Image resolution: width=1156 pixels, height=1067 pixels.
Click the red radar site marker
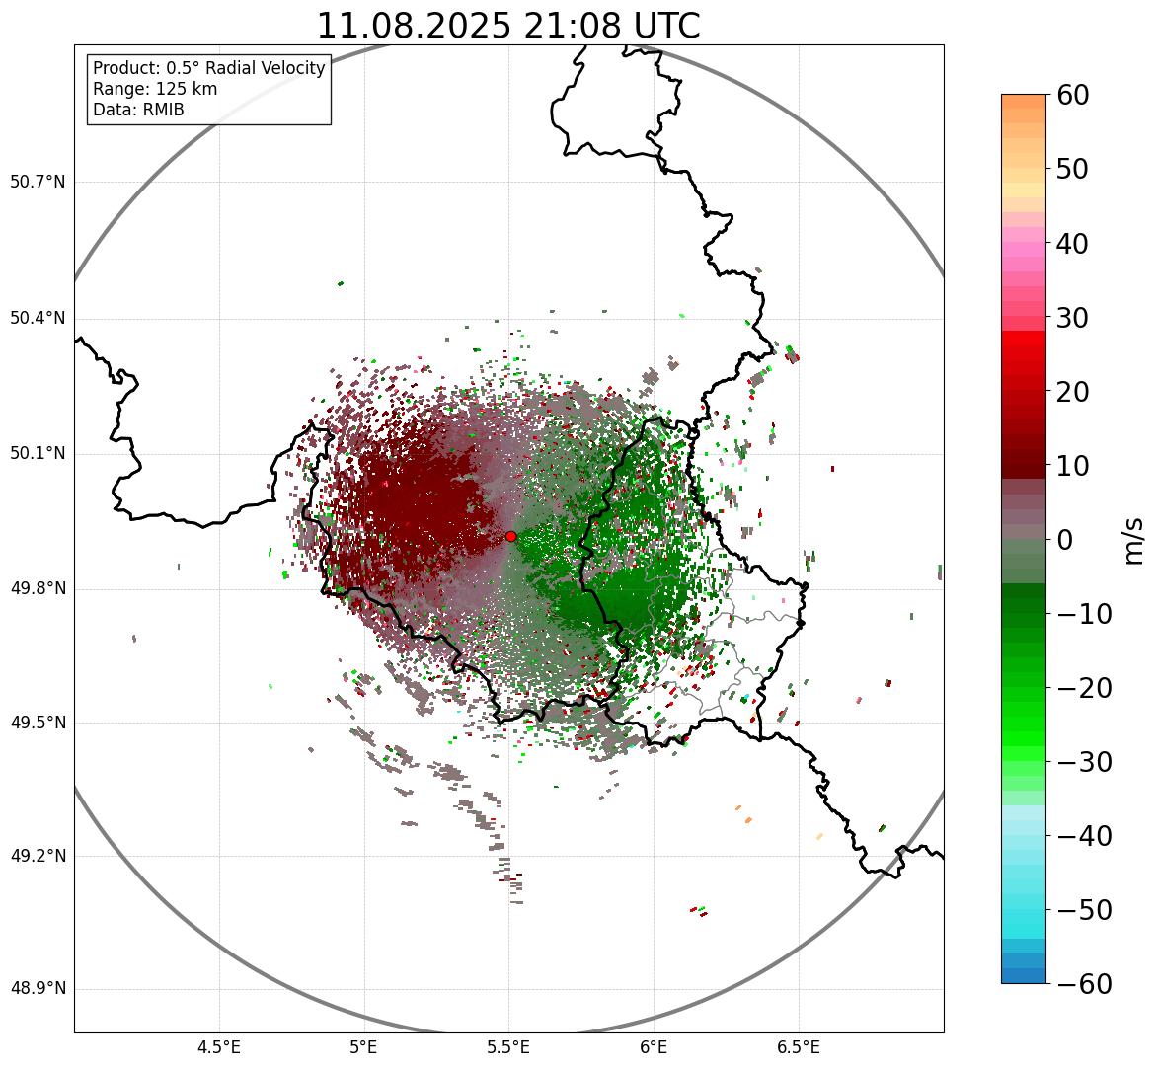(510, 536)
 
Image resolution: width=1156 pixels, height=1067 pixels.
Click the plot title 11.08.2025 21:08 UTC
(507, 26)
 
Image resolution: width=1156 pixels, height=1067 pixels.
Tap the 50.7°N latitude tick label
(38, 182)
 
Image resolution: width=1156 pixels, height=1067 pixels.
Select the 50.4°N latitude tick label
(38, 318)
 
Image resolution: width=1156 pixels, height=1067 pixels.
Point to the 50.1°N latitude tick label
(38, 454)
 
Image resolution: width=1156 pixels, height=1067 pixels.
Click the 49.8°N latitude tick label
(38, 589)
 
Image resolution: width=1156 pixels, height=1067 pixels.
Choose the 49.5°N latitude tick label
(38, 723)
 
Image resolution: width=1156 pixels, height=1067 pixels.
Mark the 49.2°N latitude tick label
(38, 856)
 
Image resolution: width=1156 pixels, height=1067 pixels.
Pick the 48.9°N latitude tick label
(38, 989)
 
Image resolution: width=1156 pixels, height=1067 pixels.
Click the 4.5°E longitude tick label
(219, 1047)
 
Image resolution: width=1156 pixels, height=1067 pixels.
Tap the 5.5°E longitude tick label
(508, 1047)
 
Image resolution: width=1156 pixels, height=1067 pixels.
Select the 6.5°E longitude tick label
(798, 1047)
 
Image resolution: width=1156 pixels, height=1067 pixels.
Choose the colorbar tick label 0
(1065, 540)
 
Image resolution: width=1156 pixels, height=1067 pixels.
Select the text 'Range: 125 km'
(155, 89)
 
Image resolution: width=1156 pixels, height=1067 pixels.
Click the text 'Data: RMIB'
(138, 110)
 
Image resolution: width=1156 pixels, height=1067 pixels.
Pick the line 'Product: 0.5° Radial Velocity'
(208, 68)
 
